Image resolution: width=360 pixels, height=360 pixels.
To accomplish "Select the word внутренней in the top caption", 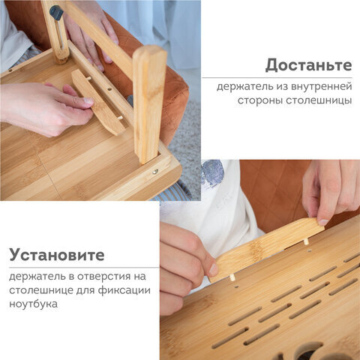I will (x=320, y=86).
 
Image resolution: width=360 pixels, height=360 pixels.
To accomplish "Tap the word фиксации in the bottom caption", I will (x=125, y=290).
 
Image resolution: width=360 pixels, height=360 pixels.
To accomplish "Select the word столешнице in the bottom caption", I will (x=38, y=290).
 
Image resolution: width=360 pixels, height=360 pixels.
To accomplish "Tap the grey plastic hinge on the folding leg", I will (x=55, y=10).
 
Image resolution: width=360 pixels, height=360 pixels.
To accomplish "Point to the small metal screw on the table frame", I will (x=155, y=172).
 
